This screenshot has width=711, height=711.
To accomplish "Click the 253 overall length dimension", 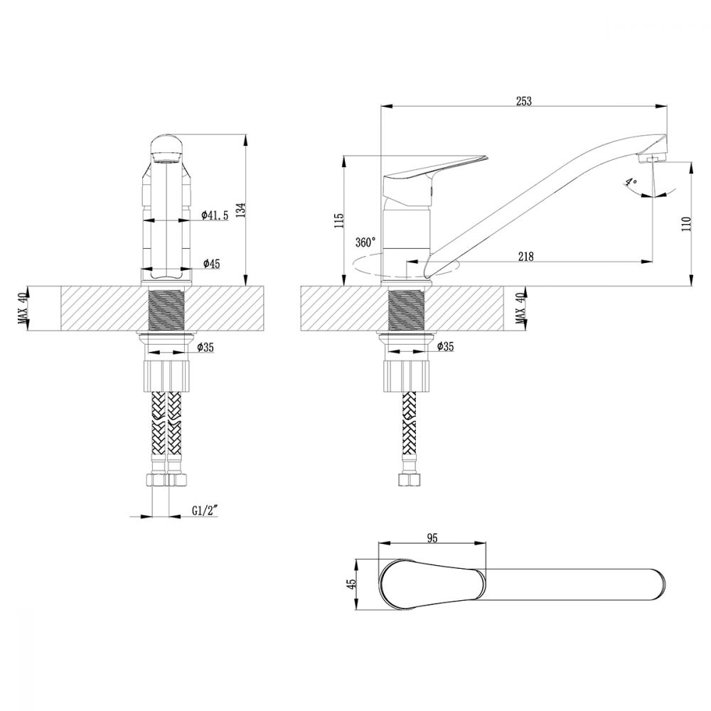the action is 523,101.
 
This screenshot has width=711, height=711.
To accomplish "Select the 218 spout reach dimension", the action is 525,256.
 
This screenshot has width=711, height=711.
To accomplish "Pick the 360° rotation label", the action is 365,242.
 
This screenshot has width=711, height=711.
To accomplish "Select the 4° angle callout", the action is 630,182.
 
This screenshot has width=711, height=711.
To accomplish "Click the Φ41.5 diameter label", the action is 215,215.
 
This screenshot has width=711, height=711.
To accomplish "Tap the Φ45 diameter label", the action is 211,263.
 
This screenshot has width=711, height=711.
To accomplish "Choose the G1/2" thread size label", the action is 205,510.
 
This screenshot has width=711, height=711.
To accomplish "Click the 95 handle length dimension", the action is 432,538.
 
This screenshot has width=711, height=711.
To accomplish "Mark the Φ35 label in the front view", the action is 206,348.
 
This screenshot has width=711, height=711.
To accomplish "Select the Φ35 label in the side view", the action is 445,346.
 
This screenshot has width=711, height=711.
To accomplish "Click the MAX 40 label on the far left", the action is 23,308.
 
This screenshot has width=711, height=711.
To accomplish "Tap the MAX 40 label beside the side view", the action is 520,308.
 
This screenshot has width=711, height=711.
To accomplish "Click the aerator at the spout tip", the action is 651,159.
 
